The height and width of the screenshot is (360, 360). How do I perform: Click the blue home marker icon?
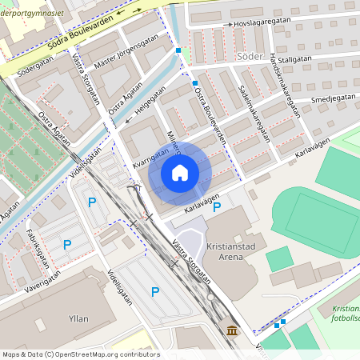coord(180,173)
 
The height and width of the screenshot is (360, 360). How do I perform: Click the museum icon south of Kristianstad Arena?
coord(231,330)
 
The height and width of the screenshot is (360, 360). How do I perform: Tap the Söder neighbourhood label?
coord(250,57)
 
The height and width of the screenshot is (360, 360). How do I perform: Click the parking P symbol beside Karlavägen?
coord(217,207)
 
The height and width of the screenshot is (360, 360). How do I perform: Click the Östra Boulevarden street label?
coord(210,115)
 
